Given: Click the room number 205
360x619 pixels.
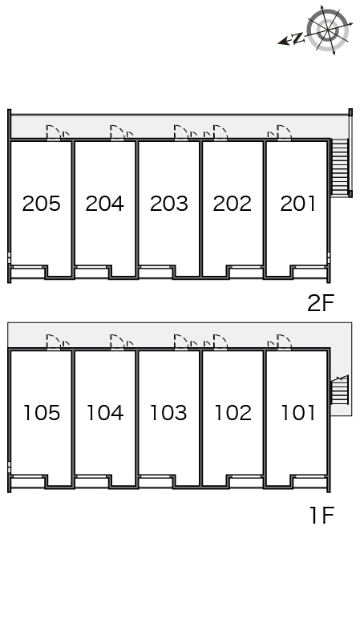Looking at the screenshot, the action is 42,204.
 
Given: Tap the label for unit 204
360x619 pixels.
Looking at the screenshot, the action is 104,204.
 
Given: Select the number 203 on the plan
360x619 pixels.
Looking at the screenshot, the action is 169,204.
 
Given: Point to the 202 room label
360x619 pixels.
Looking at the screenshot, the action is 232,204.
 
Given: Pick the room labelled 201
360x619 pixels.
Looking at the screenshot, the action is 297,204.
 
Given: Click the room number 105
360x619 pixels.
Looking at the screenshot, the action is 42,413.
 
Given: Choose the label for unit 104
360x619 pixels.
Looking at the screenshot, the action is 105,413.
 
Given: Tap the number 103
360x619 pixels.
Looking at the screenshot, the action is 168,413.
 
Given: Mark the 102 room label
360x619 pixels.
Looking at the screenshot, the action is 233,413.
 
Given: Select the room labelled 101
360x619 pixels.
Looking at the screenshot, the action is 298,413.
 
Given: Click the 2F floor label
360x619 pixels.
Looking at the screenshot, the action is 321,303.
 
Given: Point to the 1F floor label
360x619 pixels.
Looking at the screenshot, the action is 322,516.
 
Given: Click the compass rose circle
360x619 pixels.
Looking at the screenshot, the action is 328,29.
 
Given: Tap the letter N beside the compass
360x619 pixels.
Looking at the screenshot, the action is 299,38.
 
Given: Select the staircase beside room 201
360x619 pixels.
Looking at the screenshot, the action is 339,168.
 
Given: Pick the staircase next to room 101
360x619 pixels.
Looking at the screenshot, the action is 339,390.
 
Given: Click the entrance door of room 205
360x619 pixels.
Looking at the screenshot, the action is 54,132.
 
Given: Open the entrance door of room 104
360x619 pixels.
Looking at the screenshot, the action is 117,342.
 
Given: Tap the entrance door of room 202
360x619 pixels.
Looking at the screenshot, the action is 220,132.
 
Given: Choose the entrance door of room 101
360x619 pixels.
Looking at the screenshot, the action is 284,342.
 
